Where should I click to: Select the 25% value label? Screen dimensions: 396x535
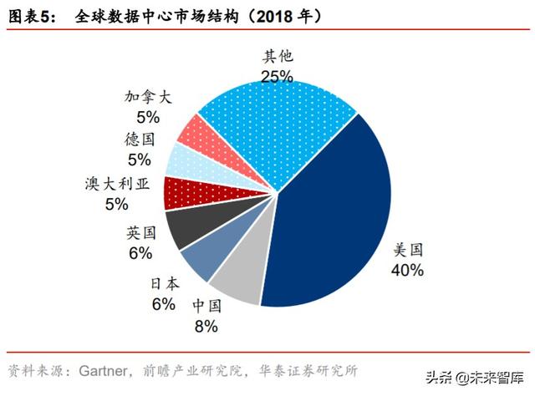pyautogui.click(x=277, y=76)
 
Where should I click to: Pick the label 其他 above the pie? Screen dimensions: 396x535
pyautogui.click(x=277, y=57)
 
